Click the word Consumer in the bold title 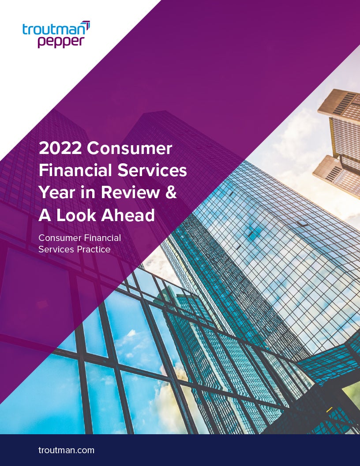129,149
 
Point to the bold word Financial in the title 75,171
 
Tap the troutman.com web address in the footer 66,450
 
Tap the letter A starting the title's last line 44,215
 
